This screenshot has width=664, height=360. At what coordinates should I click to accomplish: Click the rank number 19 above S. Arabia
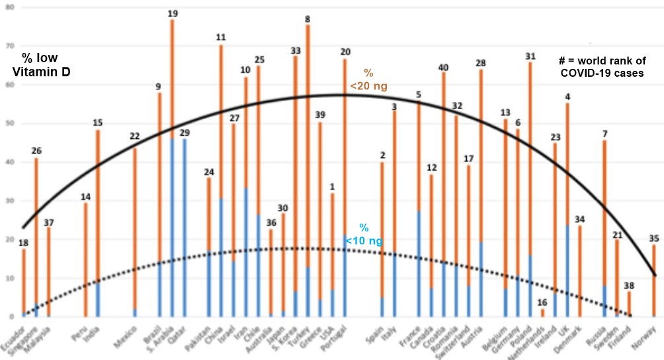(x=172, y=13)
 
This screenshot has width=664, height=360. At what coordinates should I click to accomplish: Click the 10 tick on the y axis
(x=7, y=278)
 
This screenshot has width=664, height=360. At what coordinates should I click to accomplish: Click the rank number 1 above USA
(x=332, y=187)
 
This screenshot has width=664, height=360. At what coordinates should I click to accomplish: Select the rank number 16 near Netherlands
(x=542, y=302)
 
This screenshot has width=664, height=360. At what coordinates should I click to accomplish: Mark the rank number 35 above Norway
(x=654, y=239)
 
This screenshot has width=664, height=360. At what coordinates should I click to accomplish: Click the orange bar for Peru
(x=85, y=258)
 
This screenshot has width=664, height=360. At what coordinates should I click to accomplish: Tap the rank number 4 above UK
(x=567, y=97)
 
